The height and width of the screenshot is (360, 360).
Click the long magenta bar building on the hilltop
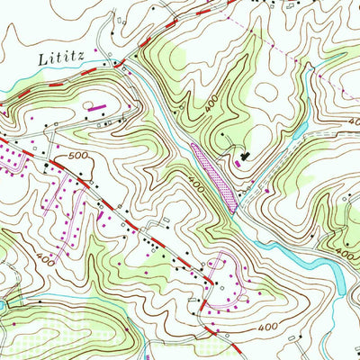[x=97, y=106]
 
